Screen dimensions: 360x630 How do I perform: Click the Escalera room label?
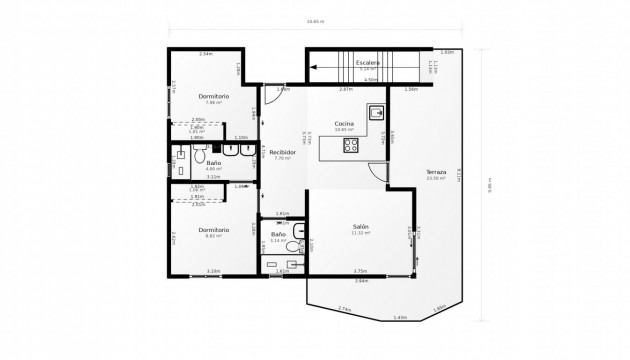(368, 62)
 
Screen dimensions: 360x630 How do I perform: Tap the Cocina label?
(345, 123)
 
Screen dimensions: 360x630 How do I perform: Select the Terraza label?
(435, 172)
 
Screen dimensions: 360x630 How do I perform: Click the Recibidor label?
(282, 152)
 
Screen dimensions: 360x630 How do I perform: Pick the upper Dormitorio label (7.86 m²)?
(213, 95)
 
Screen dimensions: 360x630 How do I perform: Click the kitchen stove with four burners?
(352, 146)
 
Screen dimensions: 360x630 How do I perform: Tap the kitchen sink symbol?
(378, 114)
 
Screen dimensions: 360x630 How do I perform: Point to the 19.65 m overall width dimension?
(315, 22)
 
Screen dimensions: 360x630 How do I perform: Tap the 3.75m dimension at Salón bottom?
(360, 271)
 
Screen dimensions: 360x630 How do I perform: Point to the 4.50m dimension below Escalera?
(370, 80)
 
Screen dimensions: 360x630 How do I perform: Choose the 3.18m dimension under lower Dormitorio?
(213, 271)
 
